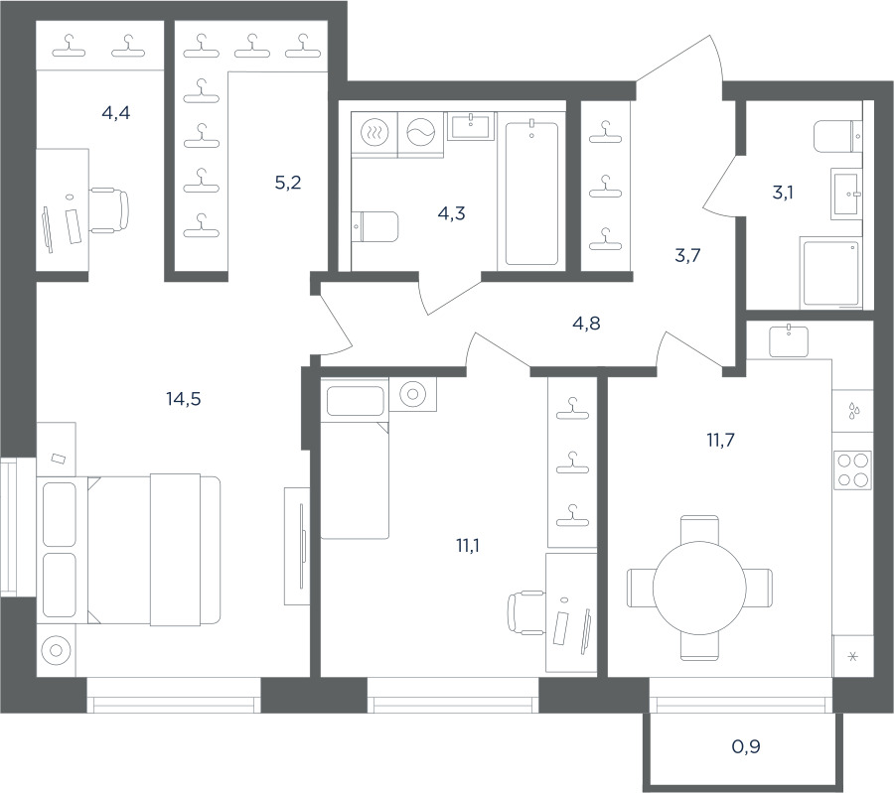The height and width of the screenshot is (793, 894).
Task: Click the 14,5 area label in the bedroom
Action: (x=184, y=399)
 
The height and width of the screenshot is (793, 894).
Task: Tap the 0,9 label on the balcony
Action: (x=746, y=745)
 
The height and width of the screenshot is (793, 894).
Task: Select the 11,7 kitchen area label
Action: (x=721, y=440)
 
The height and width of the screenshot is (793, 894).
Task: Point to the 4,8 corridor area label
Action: (x=586, y=323)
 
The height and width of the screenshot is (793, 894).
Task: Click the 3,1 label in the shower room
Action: (x=783, y=193)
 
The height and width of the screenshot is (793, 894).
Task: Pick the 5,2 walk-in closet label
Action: (x=288, y=183)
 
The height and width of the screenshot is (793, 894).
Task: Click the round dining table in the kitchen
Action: (x=699, y=588)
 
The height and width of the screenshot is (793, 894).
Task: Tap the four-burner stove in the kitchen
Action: (x=853, y=469)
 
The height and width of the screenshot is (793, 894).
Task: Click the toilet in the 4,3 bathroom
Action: (x=374, y=226)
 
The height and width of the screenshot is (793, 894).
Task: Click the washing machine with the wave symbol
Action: (x=421, y=133)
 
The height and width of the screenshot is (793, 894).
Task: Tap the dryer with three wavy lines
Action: (x=374, y=133)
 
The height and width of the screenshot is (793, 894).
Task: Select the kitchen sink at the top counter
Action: (x=789, y=340)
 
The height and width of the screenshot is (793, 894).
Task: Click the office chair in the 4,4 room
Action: (x=109, y=210)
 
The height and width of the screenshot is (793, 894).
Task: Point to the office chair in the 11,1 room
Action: (x=526, y=612)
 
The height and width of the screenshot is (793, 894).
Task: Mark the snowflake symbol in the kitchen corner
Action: (x=853, y=657)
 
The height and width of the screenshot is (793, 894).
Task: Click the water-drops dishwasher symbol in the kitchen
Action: (x=853, y=410)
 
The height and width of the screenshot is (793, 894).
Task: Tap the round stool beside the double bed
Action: (x=56, y=650)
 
